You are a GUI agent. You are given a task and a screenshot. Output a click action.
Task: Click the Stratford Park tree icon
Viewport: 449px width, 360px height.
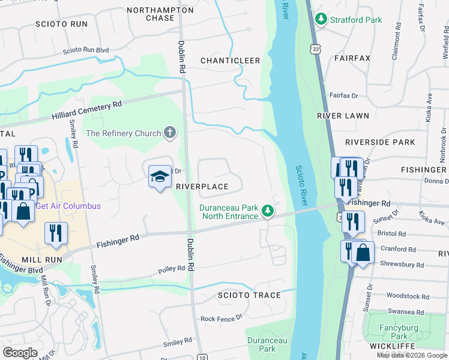[322, 20]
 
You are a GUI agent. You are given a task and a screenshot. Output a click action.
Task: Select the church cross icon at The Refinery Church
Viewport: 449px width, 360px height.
[170, 133]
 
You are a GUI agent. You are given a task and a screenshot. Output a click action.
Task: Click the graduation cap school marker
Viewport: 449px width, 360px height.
[160, 176]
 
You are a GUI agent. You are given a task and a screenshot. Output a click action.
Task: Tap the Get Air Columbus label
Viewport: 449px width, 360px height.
[68, 206]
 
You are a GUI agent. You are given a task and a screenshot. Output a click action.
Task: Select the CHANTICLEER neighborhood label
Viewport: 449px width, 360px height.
[230, 61]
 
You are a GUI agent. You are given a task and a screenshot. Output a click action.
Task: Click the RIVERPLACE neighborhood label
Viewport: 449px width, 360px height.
[202, 187]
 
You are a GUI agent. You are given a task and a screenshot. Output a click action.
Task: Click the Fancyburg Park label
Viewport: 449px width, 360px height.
[394, 332]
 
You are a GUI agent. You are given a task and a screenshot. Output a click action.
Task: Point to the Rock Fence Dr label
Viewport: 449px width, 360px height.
[221, 318]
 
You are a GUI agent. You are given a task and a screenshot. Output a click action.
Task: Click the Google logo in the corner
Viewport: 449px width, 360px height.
[20, 353]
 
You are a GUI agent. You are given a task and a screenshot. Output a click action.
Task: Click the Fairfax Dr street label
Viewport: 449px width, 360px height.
[343, 95]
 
